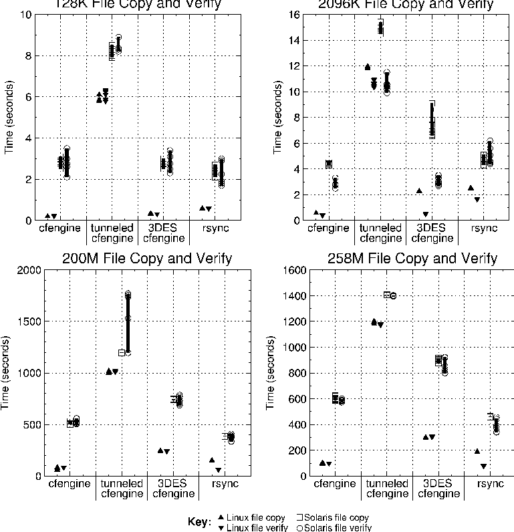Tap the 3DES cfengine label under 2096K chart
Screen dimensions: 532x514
point(430,233)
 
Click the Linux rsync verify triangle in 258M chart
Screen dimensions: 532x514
point(483,467)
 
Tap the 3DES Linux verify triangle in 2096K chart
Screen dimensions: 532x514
point(426,215)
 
